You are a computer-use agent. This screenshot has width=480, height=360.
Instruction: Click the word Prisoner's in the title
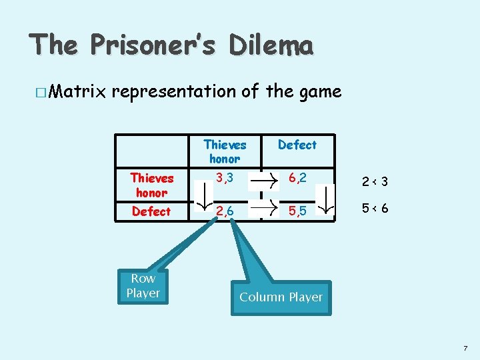(153, 45)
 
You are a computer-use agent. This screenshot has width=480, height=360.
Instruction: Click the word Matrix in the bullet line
(75, 91)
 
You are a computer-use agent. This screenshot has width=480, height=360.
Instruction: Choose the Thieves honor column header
(225, 151)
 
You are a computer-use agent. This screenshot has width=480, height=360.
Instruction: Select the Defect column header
(297, 145)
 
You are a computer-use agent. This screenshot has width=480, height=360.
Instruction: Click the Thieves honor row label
(151, 185)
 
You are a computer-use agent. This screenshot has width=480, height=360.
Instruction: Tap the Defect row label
(151, 211)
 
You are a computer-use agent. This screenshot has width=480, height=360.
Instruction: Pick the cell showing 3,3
(225, 177)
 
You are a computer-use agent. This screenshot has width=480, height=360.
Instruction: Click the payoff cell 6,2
(297, 177)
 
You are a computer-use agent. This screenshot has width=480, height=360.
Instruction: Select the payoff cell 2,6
(225, 211)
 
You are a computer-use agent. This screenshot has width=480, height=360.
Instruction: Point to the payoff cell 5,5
(297, 211)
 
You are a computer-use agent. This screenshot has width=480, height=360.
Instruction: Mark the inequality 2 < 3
(375, 181)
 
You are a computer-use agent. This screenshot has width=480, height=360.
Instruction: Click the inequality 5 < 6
(375, 208)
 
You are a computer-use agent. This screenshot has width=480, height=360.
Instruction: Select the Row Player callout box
(143, 286)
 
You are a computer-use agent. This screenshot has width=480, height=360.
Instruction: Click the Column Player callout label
(281, 297)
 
